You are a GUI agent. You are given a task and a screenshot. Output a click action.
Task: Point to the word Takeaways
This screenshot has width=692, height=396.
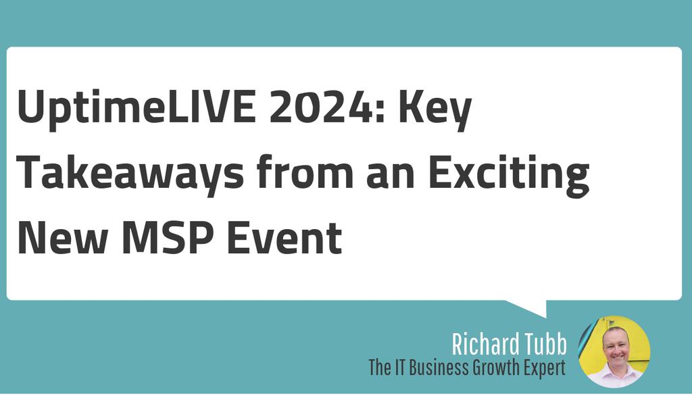click(130, 174)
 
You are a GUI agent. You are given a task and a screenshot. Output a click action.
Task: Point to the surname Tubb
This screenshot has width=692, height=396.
click(543, 344)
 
